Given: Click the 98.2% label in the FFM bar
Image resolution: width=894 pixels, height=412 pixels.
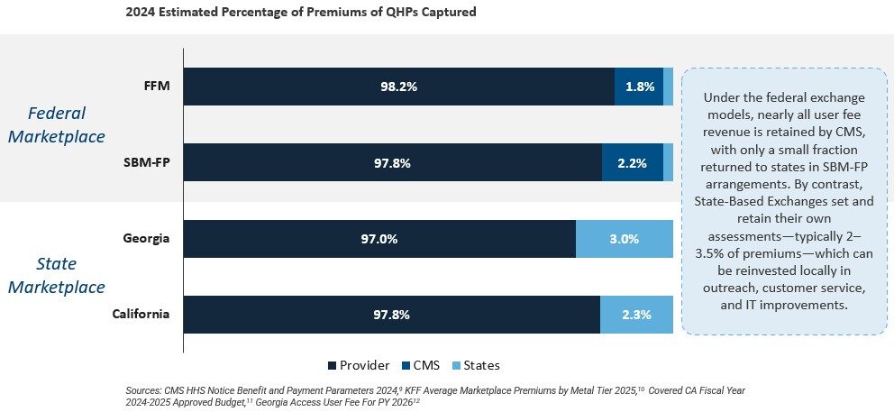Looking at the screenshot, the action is (x=399, y=87).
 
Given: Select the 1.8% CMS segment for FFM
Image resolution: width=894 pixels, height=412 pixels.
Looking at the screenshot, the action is (x=639, y=87).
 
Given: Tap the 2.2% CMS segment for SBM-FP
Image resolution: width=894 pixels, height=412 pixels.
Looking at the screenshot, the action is (x=633, y=162).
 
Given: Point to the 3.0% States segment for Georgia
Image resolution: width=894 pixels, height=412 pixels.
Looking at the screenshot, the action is (x=625, y=239).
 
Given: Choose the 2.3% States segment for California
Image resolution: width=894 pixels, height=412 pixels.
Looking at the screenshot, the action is (x=637, y=315).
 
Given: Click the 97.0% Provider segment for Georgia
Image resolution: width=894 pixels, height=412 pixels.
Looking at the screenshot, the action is (x=379, y=239).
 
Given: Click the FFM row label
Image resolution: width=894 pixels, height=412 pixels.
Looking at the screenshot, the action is (x=156, y=87).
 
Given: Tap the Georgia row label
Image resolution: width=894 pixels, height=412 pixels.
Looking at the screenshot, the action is (x=147, y=239).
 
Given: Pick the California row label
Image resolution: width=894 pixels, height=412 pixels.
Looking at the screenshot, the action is (x=141, y=314).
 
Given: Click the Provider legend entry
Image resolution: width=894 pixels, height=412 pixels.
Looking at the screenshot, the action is (x=359, y=365).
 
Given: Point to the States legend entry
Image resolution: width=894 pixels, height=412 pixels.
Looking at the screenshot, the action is (x=476, y=365).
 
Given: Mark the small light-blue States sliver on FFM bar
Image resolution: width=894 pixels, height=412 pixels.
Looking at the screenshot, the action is (x=668, y=87).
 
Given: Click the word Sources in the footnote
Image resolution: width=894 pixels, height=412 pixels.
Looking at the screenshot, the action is (x=143, y=391).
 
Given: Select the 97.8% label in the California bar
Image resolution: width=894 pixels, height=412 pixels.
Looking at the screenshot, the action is (x=392, y=315).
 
